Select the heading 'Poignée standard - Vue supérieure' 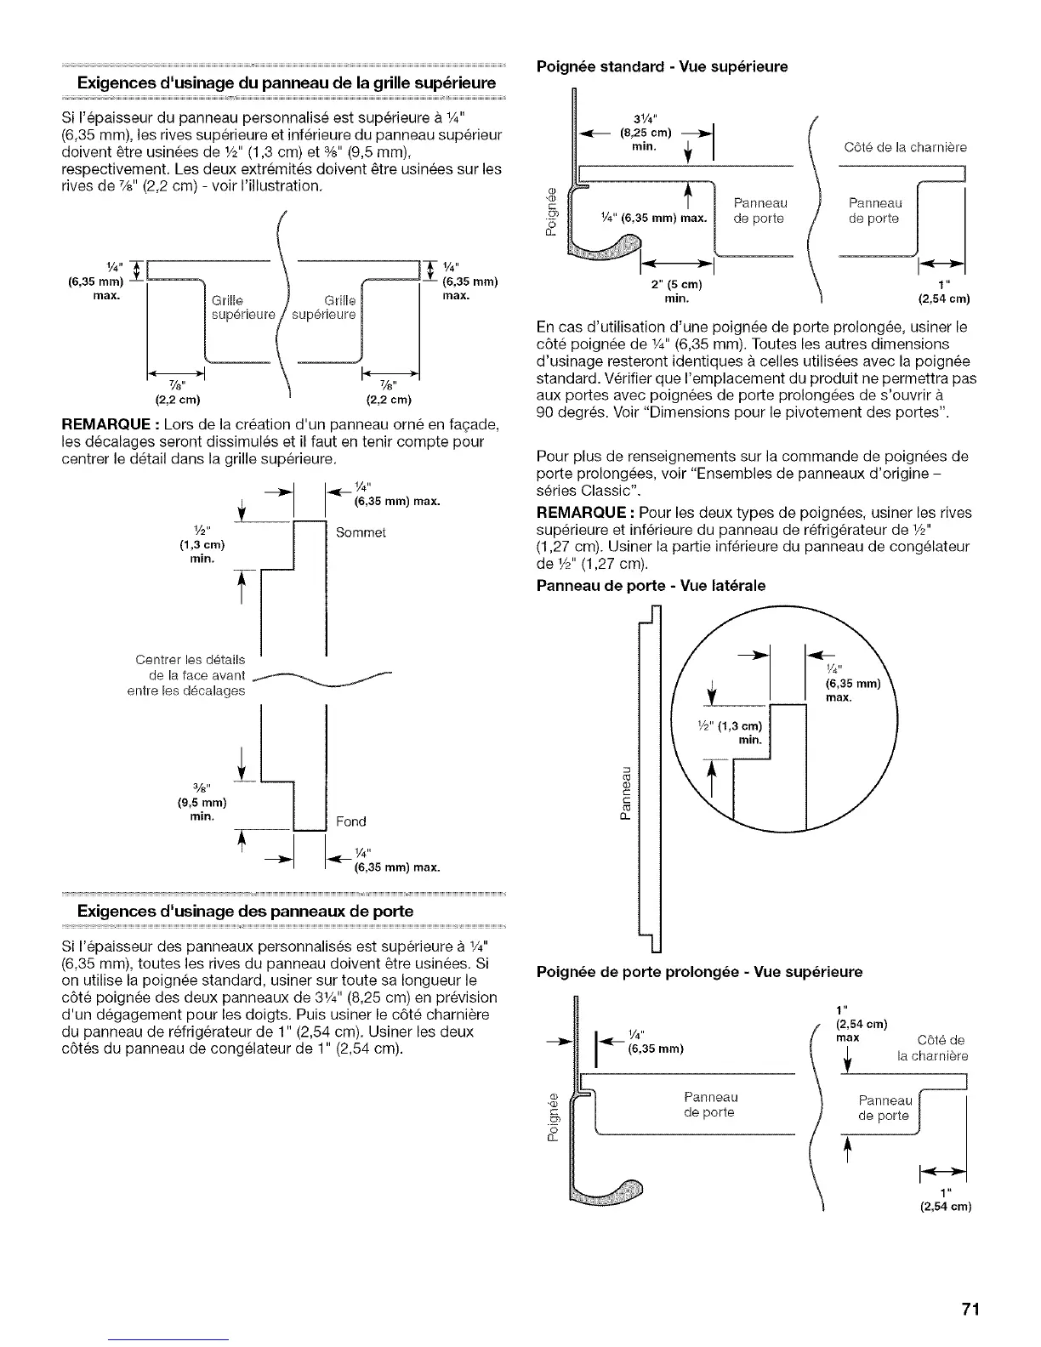click(x=660, y=66)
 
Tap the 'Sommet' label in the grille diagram click(x=361, y=533)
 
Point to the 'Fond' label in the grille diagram click(x=351, y=821)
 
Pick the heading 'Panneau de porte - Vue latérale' click(x=650, y=585)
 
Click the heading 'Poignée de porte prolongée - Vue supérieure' click(x=698, y=971)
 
